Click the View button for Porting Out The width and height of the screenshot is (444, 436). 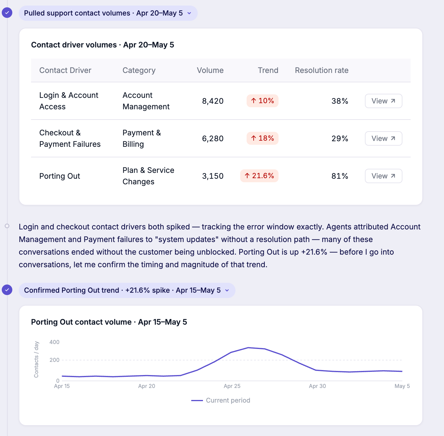click(x=383, y=176)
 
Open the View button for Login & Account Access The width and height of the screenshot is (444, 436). click(x=383, y=101)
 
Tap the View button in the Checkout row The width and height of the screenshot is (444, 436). click(x=383, y=138)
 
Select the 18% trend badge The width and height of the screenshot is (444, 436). click(x=262, y=138)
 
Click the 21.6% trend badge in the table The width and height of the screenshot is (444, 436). click(x=259, y=176)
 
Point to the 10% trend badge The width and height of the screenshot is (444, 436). click(x=262, y=101)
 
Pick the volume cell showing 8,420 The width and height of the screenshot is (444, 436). click(x=213, y=101)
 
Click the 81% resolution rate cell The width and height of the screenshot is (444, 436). click(x=340, y=176)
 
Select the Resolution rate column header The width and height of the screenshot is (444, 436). click(x=322, y=70)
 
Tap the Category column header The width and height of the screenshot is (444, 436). click(x=139, y=71)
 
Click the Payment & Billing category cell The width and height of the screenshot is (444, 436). click(x=142, y=138)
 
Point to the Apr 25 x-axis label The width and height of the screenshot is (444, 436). click(x=232, y=386)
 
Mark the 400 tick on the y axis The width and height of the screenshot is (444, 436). click(x=54, y=342)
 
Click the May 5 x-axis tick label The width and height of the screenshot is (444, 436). click(x=402, y=386)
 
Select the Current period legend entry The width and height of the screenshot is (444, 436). click(x=221, y=400)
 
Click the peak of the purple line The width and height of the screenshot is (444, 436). click(x=248, y=348)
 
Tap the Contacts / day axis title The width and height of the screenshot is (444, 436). click(x=36, y=359)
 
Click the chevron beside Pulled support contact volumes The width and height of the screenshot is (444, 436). click(x=189, y=13)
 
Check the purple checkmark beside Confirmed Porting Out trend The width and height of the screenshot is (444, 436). click(x=7, y=290)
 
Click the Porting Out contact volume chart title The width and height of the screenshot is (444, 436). click(x=109, y=322)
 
